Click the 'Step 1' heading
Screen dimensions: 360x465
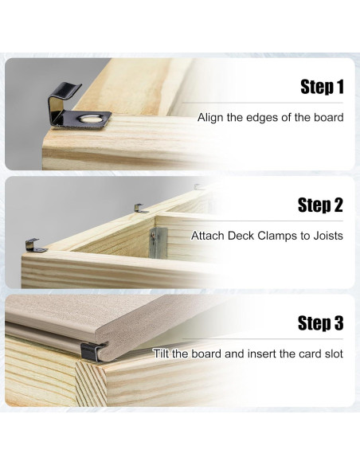(322, 87)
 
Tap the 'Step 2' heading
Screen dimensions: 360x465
(320, 205)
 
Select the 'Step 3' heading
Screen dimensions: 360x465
(320, 322)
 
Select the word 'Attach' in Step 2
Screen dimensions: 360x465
(208, 236)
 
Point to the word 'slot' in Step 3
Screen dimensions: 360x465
(333, 354)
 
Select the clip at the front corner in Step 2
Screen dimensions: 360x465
(35, 246)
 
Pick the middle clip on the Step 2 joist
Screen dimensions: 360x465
(140, 209)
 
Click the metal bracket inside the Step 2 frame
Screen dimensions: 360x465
(158, 242)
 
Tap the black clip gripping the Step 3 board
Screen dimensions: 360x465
(92, 352)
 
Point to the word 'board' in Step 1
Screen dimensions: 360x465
(329, 117)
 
